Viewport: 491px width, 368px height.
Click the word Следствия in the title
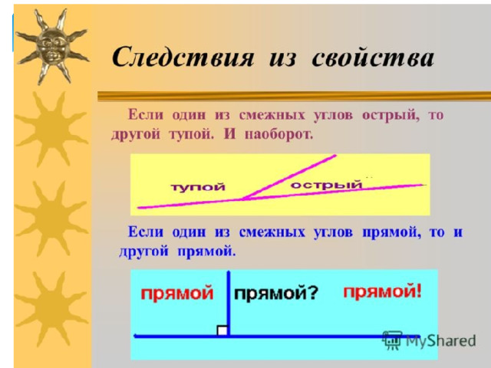pos(183,57)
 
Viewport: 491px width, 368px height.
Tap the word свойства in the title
pos(373,57)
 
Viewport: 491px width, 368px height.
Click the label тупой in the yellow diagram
pos(198,187)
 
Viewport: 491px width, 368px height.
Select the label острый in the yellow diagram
pos(326,185)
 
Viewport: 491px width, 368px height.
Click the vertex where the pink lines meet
pos(242,199)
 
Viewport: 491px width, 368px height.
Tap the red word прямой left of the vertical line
pos(177,294)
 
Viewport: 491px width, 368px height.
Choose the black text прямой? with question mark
pos(276,294)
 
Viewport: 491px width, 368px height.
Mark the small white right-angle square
pos(222,330)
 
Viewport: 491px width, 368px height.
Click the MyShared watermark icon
pos(392,340)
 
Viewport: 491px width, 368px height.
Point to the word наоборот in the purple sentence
pos(278,135)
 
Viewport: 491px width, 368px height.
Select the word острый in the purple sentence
pos(390,116)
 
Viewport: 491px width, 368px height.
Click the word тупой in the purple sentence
pos(191,135)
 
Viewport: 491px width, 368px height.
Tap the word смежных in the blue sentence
pos(272,232)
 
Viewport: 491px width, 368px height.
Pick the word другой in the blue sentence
pos(143,252)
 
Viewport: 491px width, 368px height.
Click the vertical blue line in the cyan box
pos(229,304)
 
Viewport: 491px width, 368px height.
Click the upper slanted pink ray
pos(289,177)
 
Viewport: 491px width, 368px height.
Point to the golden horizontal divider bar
pos(295,97)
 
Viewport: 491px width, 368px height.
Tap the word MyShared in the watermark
pos(440,340)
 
